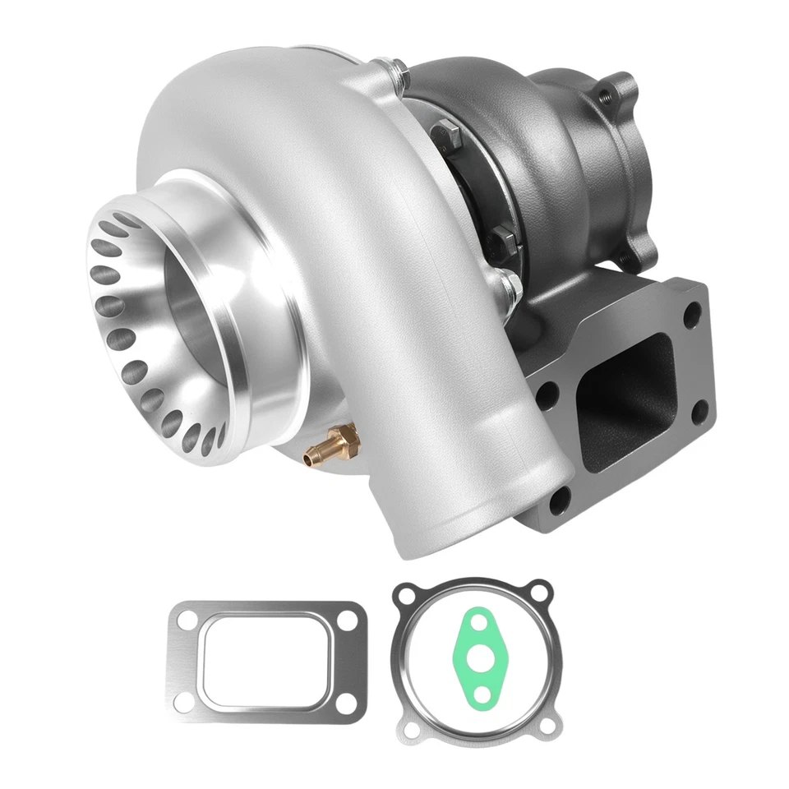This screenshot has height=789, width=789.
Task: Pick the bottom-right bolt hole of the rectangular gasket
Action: [350, 704]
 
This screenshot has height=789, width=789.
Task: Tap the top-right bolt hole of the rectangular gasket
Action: [350, 619]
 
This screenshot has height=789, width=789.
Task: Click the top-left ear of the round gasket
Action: [404, 593]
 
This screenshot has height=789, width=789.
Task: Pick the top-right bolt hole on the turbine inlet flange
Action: [693, 311]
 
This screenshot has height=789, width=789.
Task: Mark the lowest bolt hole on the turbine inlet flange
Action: [560, 498]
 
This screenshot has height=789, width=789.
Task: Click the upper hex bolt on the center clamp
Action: [445, 131]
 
